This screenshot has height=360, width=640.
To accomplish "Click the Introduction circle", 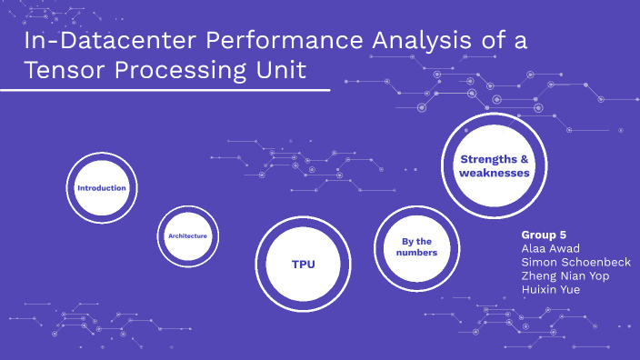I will (x=101, y=188).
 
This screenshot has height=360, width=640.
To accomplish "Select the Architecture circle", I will (x=187, y=236).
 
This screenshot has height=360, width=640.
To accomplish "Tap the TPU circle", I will (x=303, y=264).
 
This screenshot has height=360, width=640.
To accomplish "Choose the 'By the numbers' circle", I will (x=419, y=246).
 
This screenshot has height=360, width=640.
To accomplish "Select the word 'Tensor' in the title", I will (x=55, y=70).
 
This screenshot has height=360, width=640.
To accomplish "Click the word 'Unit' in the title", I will (x=280, y=70).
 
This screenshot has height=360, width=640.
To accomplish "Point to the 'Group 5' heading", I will (x=544, y=235).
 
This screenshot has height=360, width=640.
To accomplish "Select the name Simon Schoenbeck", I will (x=575, y=262).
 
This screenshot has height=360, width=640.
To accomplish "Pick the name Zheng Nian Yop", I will (x=565, y=275).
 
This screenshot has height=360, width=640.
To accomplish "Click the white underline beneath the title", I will (x=165, y=90).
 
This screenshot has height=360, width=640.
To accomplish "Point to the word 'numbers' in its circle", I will (x=419, y=253).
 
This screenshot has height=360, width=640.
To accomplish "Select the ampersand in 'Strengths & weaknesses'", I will (x=523, y=159).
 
